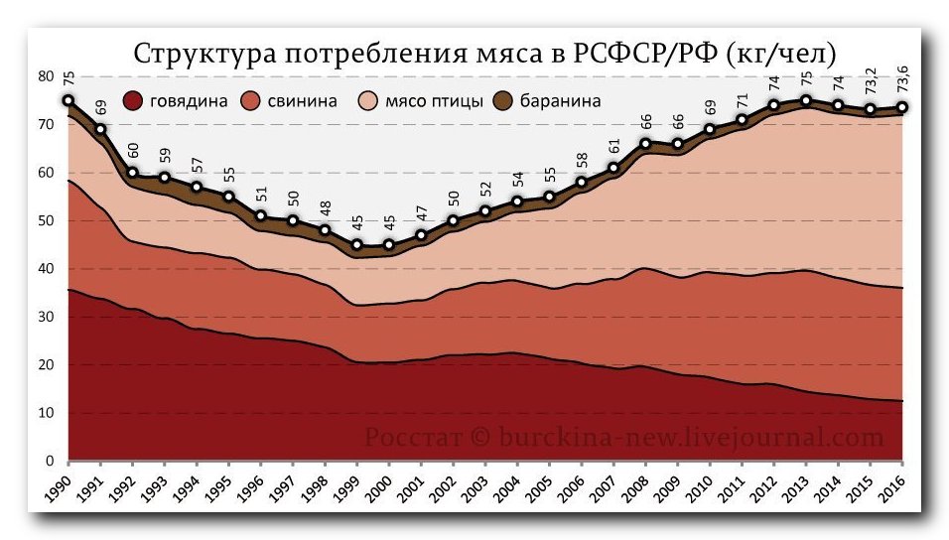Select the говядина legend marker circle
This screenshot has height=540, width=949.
tap(134, 100)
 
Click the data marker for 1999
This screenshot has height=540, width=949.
tap(357, 245)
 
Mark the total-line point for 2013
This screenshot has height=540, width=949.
tap(806, 100)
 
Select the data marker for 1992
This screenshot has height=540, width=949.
tap(132, 173)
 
